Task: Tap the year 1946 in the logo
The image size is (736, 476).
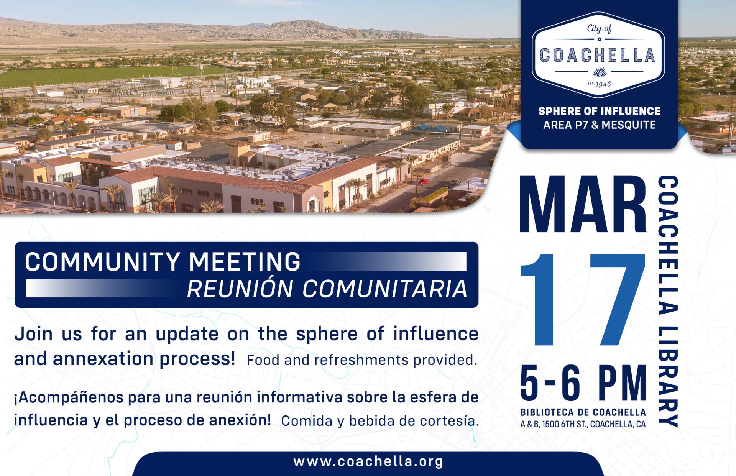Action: pyautogui.click(x=603, y=84)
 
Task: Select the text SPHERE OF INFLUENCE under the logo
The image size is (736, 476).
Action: pyautogui.click(x=599, y=111)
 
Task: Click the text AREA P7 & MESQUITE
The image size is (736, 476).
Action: pyautogui.click(x=599, y=125)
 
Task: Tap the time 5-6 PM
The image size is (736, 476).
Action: pyautogui.click(x=583, y=382)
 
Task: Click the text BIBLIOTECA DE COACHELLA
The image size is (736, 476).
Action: pyautogui.click(x=583, y=412)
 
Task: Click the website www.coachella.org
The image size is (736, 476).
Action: pyautogui.click(x=368, y=461)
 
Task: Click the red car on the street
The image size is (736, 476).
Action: pyautogui.click(x=423, y=181)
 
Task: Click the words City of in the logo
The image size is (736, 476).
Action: pyautogui.click(x=598, y=29)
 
